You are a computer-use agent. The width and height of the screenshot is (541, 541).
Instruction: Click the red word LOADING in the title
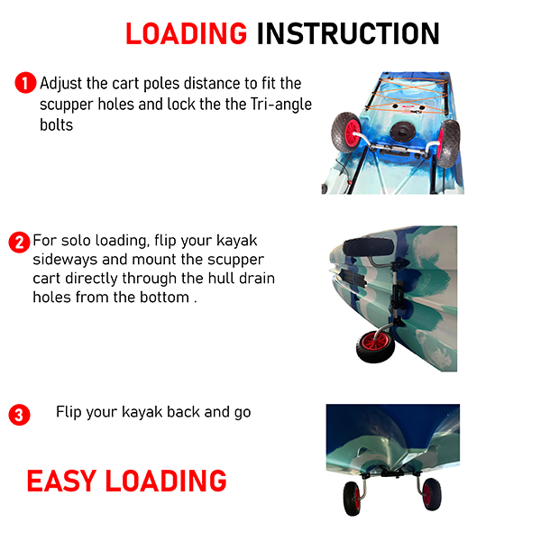tap(186, 33)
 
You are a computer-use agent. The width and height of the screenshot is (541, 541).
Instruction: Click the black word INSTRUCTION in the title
tap(348, 33)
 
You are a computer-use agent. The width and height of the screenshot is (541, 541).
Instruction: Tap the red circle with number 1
tap(25, 83)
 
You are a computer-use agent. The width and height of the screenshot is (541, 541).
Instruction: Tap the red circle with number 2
tap(19, 243)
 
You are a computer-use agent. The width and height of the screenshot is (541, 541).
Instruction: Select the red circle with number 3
tap(19, 415)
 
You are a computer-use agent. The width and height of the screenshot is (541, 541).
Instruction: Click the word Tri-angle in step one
tap(281, 105)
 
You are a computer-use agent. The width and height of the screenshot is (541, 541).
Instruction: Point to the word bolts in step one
tap(56, 124)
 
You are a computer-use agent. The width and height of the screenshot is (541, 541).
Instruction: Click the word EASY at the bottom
tap(61, 481)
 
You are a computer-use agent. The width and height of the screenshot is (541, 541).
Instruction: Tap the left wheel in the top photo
tap(346, 132)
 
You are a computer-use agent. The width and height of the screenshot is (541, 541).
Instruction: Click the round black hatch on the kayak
tap(403, 132)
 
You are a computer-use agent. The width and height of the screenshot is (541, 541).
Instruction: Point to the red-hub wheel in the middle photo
tap(375, 346)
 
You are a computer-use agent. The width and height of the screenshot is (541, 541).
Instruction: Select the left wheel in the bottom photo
tap(353, 499)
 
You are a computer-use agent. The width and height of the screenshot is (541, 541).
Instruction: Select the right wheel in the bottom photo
tap(432, 494)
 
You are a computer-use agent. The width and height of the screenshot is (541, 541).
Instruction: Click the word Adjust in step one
tap(61, 84)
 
